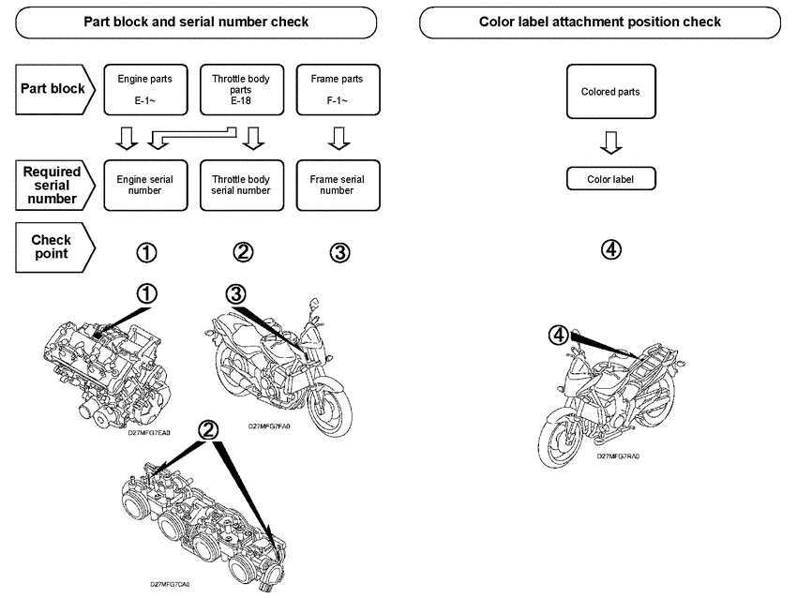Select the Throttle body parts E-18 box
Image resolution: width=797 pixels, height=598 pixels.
pyautogui.click(x=241, y=89)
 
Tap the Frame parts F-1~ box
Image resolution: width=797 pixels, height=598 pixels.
pyautogui.click(x=337, y=89)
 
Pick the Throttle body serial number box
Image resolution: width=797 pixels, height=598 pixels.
pyautogui.click(x=241, y=185)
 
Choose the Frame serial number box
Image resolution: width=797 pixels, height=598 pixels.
pyautogui.click(x=337, y=185)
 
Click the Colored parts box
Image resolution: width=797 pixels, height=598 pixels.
pyautogui.click(x=610, y=92)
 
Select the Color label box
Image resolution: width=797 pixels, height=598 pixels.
pyautogui.click(x=610, y=178)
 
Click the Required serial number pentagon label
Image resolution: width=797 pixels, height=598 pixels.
pyautogui.click(x=54, y=185)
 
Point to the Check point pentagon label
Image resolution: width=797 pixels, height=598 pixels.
pyautogui.click(x=54, y=247)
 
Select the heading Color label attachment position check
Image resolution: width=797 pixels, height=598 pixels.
pyautogui.click(x=600, y=22)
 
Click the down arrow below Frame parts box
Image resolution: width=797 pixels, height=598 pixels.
pyautogui.click(x=337, y=139)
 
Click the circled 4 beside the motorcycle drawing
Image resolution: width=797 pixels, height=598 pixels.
pyautogui.click(x=559, y=335)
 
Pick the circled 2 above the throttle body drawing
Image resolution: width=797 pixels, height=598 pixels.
pyautogui.click(x=210, y=428)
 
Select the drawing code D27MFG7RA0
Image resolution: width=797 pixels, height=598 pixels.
pyautogui.click(x=619, y=456)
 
